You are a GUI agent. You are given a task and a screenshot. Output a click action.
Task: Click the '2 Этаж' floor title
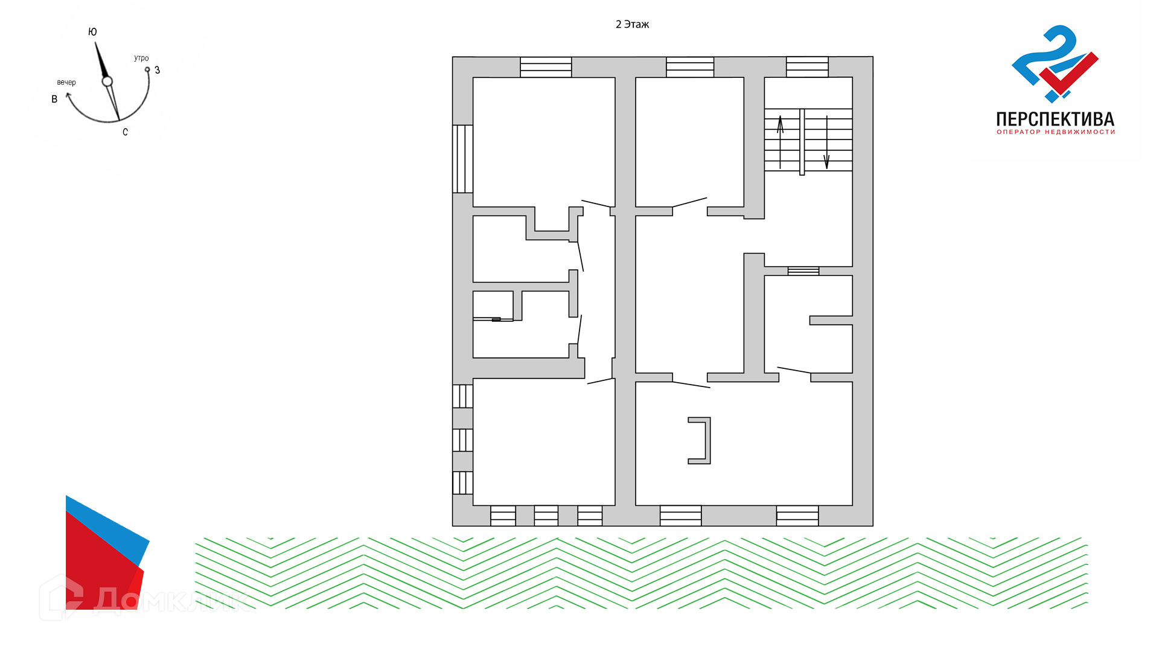coord(632,24)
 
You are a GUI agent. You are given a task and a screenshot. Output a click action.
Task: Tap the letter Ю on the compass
coord(92,32)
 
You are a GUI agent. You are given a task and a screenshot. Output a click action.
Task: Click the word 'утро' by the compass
coord(141,59)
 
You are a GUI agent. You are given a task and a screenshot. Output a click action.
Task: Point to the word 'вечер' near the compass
coord(66,82)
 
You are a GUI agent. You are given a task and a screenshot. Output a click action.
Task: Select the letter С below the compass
coord(125,132)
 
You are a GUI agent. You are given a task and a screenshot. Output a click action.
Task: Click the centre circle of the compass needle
coord(107,81)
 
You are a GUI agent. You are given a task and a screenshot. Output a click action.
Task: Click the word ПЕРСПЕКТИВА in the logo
coord(1055,119)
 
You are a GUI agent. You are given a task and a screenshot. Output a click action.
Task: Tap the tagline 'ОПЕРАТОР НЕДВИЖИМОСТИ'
coord(1056,132)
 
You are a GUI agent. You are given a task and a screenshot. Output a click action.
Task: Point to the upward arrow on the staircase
coord(780,142)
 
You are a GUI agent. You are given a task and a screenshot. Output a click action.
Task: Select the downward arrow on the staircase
coord(826,142)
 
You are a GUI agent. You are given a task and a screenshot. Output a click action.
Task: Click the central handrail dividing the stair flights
coord(802,142)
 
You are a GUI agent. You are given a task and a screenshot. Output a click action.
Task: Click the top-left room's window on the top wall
coord(546,67)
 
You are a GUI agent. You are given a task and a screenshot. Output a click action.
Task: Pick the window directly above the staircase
coord(807,67)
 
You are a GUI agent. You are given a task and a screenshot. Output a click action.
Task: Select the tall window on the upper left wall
coord(463,159)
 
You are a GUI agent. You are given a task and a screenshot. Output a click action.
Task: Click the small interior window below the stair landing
coord(803,271)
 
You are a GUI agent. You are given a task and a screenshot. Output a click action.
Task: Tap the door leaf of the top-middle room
coord(689,202)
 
